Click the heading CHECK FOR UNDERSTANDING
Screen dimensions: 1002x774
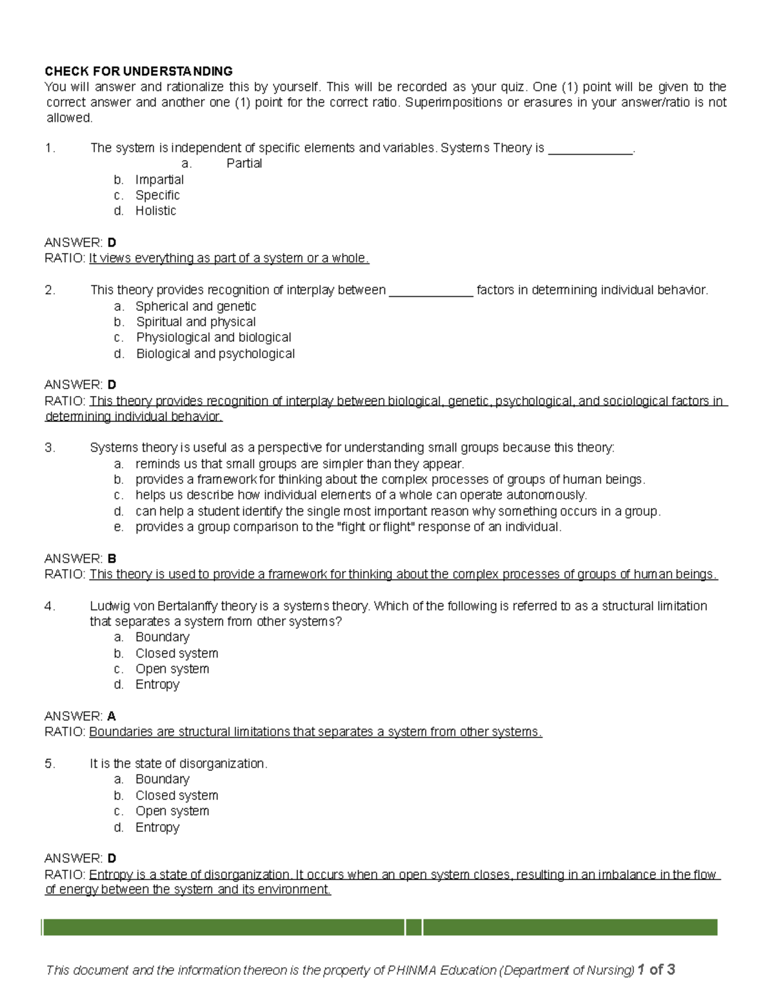coord(138,71)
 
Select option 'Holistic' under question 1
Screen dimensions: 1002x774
coord(155,211)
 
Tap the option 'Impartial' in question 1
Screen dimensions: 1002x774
coord(159,180)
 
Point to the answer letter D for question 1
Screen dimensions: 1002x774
coord(112,243)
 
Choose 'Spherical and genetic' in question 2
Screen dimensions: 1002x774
coord(195,306)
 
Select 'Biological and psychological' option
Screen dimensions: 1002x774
coord(215,354)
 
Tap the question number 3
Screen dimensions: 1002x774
coord(50,448)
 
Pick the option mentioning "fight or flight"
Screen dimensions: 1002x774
coord(348,527)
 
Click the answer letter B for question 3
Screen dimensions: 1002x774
coord(112,559)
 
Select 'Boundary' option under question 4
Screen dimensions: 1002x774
coord(162,637)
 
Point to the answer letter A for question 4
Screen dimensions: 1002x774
coord(112,716)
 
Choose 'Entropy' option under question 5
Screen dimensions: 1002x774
coord(157,827)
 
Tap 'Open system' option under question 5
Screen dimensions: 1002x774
coord(172,811)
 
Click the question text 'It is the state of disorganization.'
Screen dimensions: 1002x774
coord(178,764)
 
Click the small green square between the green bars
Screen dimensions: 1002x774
coord(414,927)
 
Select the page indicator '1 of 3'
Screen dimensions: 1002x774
coord(656,969)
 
